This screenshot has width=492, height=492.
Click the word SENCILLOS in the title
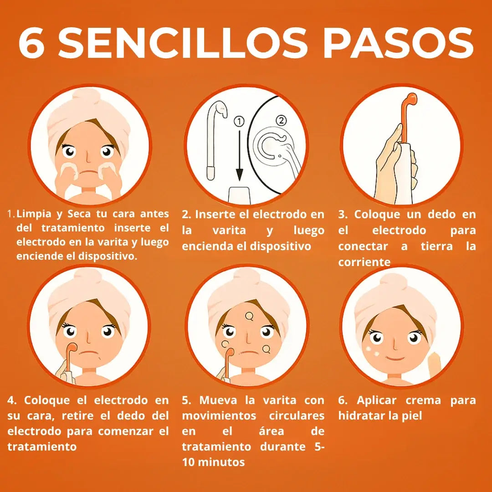[x=183, y=43]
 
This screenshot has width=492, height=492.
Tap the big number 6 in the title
[x=31, y=43]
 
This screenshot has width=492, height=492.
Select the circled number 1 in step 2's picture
[x=239, y=122]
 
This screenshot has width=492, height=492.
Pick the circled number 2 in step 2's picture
[x=281, y=120]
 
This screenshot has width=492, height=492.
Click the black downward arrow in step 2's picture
[x=240, y=155]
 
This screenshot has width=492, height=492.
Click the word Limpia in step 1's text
[x=34, y=214]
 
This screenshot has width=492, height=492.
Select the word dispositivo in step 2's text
[x=280, y=246]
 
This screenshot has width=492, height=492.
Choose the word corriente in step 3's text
[x=364, y=262]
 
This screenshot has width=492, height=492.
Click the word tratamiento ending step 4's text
[x=42, y=446]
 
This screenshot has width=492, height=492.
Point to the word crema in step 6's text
[x=423, y=400]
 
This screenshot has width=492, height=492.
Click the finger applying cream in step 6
[x=435, y=361]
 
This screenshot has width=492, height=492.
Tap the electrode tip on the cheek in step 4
[x=72, y=347]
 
